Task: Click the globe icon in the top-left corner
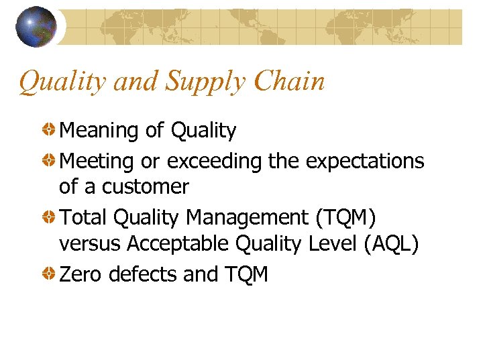36,27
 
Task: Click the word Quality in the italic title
64,82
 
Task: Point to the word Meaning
100,131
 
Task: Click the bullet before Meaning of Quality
50,129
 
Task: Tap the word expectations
365,162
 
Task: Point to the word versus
90,245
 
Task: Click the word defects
143,274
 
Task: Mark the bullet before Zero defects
50,274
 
